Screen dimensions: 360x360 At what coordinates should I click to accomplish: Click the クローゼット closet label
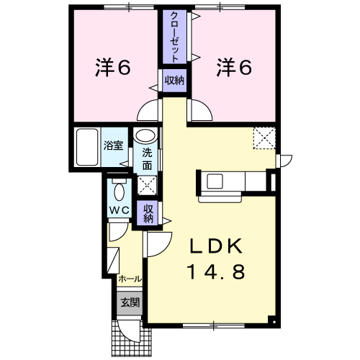[x=174, y=37]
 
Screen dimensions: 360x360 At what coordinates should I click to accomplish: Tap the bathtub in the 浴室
[x=87, y=147]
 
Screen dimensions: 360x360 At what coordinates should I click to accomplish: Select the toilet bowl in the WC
[x=120, y=192]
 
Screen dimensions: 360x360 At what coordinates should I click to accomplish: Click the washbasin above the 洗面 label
[x=145, y=136]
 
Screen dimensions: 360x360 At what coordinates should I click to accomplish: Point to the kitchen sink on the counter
[x=215, y=181]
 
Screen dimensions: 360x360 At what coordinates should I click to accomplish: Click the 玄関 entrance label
[x=130, y=302]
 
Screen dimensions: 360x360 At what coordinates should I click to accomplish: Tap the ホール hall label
[x=130, y=279]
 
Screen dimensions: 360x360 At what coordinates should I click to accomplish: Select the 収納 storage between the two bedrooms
[x=174, y=81]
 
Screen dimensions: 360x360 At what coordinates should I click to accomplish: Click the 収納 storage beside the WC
[x=148, y=214]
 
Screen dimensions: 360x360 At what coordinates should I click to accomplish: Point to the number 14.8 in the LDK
[x=217, y=271]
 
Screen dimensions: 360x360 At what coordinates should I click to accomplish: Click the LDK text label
[x=216, y=246]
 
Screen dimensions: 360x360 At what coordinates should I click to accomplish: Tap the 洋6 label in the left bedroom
[x=113, y=68]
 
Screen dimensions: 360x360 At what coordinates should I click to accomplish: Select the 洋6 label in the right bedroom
[x=234, y=68]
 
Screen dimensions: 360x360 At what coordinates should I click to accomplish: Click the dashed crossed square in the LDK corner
[x=264, y=138]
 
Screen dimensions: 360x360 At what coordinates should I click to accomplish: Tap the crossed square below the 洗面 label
[x=147, y=185]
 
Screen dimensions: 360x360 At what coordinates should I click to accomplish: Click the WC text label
[x=120, y=210]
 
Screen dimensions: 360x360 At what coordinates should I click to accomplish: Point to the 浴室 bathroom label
[x=113, y=145]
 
